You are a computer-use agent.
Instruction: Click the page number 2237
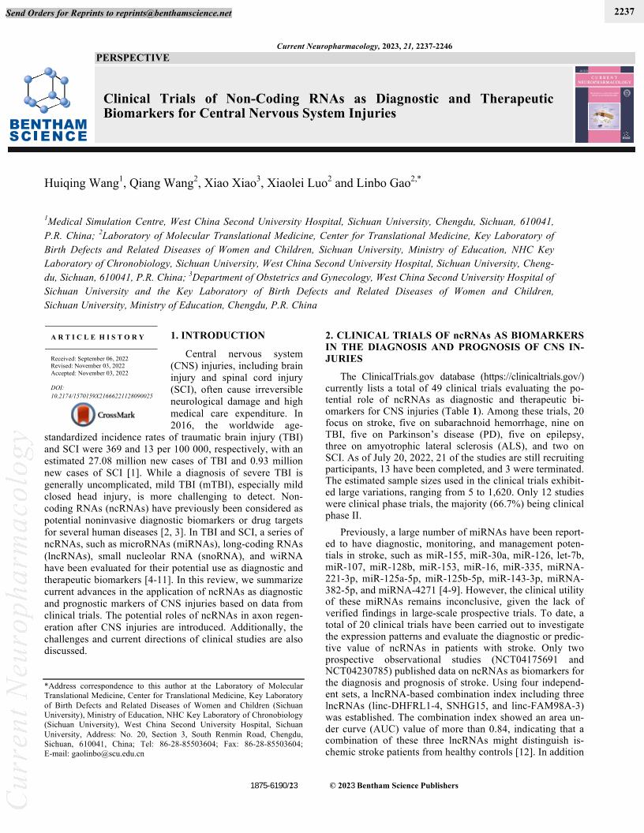point(623,9)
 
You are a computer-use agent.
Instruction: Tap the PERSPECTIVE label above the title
point(133,58)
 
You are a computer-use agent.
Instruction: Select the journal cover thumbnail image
point(604,104)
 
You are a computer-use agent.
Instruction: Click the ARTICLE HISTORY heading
point(98,338)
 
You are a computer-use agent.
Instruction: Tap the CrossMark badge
point(103,413)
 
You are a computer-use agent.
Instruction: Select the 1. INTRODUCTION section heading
point(218,335)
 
